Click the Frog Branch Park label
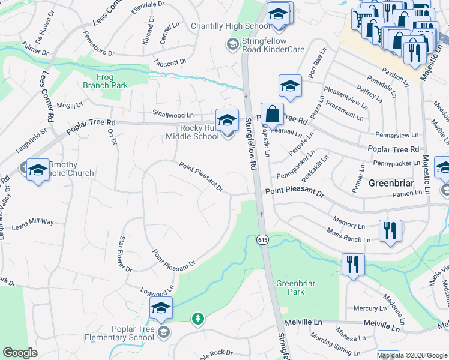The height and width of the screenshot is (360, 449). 113,81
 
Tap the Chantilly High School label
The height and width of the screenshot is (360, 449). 230,26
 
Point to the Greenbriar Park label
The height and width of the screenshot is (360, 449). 291,287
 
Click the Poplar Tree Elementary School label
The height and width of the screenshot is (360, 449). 133,333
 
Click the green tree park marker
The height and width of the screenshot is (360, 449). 198,318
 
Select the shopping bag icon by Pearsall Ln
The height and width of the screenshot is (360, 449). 272,114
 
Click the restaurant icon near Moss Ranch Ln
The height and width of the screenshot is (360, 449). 390,230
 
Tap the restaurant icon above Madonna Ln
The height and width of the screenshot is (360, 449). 352,264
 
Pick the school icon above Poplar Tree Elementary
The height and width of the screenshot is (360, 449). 161,308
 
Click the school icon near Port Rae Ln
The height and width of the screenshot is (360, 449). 289,86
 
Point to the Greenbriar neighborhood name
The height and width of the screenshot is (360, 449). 390,182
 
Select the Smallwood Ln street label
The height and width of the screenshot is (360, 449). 173,115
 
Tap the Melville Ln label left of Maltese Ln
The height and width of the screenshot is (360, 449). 303,323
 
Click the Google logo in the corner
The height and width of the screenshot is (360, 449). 20,353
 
